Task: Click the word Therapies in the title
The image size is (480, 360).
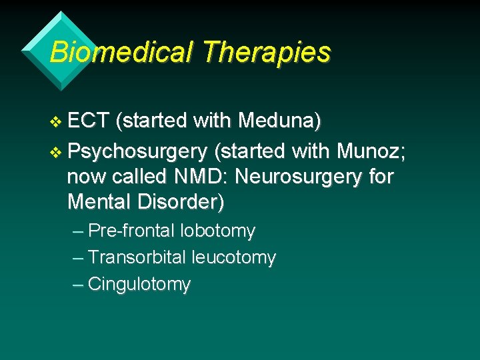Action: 267,51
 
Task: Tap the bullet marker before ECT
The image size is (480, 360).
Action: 55,123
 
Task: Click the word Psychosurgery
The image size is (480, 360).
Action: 137,151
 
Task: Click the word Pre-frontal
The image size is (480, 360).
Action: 131,231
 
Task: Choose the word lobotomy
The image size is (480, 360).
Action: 218,231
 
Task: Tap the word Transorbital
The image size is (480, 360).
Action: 137,257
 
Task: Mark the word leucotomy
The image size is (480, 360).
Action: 233,257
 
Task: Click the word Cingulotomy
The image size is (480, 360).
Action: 139,285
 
